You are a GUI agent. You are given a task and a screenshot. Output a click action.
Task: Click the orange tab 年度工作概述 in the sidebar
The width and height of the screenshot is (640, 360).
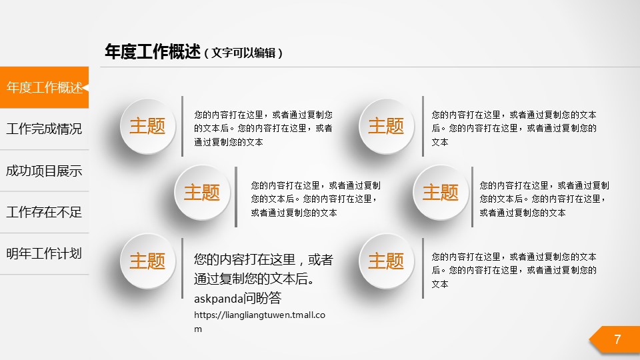(44, 87)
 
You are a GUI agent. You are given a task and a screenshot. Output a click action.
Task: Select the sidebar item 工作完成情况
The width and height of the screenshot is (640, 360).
(44, 129)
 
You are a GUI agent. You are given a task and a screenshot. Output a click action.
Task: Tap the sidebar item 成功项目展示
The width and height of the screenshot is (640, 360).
(44, 171)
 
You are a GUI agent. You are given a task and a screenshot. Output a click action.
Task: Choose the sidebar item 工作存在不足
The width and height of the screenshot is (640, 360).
(44, 212)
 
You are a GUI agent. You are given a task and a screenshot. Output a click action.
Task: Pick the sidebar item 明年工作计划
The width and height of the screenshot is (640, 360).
(44, 253)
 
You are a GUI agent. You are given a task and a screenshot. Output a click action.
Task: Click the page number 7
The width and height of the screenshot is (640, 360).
(617, 339)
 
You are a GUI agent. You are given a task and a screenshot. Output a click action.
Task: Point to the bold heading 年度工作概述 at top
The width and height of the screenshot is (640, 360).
(153, 52)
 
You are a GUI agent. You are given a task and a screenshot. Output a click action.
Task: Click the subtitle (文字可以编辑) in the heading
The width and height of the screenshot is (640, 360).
(243, 53)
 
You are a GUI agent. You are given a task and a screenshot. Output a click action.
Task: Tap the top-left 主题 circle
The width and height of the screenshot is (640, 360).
(148, 126)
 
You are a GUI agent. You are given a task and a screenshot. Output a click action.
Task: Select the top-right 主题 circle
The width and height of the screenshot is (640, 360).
(386, 126)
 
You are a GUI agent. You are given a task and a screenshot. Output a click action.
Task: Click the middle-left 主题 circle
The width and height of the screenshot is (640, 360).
(202, 193)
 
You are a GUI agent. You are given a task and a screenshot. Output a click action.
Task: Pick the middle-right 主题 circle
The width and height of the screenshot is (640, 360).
(441, 193)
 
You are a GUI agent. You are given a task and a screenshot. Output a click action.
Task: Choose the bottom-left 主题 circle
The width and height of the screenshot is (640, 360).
(148, 261)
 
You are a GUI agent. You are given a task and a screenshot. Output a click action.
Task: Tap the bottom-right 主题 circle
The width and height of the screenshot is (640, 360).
(386, 261)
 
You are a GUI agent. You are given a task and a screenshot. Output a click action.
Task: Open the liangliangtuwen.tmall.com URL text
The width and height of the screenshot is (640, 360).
(259, 321)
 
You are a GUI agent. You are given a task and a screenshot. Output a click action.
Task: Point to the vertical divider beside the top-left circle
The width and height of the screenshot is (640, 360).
(182, 126)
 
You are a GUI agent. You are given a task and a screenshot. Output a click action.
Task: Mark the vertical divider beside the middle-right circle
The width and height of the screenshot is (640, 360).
(472, 197)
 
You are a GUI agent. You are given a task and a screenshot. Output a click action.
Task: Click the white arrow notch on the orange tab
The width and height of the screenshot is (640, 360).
(85, 87)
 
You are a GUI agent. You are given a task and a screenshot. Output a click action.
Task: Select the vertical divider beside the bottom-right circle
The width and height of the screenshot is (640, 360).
(423, 268)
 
